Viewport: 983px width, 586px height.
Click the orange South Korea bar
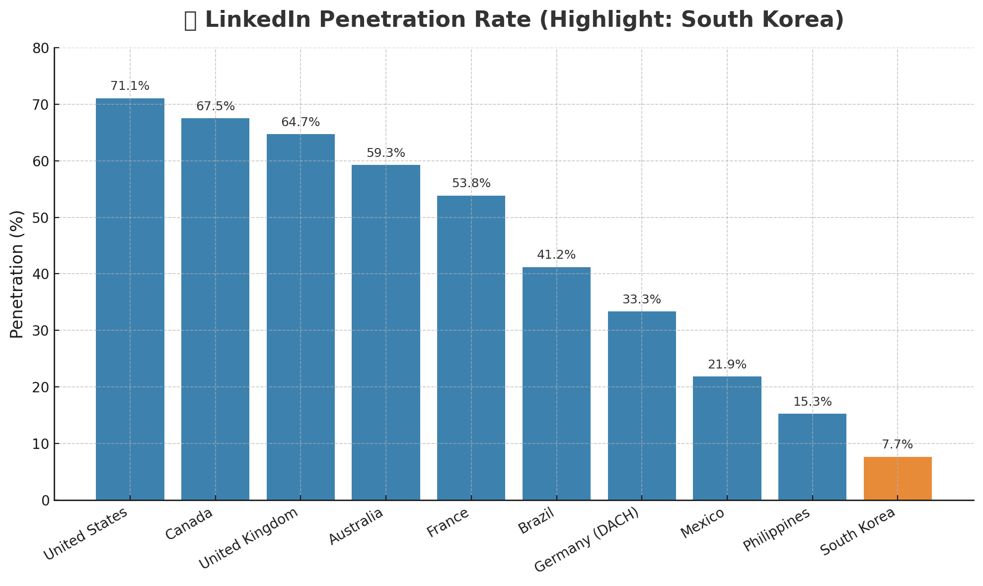[897, 478]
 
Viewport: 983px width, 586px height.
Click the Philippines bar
[812, 456]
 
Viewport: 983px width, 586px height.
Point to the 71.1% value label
[130, 86]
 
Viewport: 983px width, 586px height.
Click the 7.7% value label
[897, 444]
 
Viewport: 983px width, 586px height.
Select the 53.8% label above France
[471, 183]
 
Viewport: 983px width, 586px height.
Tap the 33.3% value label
[642, 299]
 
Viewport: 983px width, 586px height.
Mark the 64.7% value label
[301, 122]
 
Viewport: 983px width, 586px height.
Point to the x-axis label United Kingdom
[248, 538]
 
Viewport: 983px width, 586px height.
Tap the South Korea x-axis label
[858, 532]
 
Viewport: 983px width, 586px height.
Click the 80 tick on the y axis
[42, 48]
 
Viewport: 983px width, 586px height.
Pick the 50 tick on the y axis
[42, 218]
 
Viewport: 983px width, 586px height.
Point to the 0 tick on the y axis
[46, 500]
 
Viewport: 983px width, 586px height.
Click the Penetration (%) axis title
[17, 274]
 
